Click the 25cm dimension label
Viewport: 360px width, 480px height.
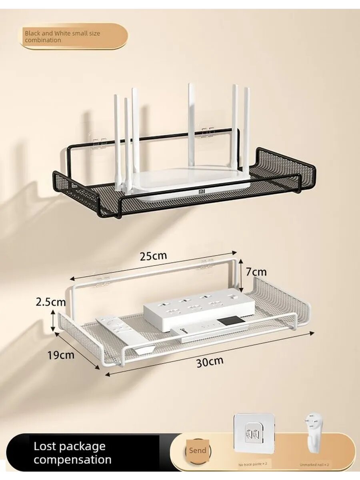(x=153, y=255)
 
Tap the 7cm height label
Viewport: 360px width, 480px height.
(x=256, y=272)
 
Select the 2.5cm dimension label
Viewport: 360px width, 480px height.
(x=51, y=302)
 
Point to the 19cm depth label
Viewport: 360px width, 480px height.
(x=61, y=355)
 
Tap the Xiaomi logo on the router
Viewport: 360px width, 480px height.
(x=202, y=192)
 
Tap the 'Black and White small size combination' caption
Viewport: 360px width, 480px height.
(x=62, y=37)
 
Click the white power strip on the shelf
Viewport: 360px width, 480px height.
(x=199, y=310)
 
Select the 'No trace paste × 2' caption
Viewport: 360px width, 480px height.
(x=253, y=457)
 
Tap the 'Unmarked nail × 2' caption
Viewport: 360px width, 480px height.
(x=314, y=457)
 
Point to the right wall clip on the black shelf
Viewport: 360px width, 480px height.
(x=208, y=132)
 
